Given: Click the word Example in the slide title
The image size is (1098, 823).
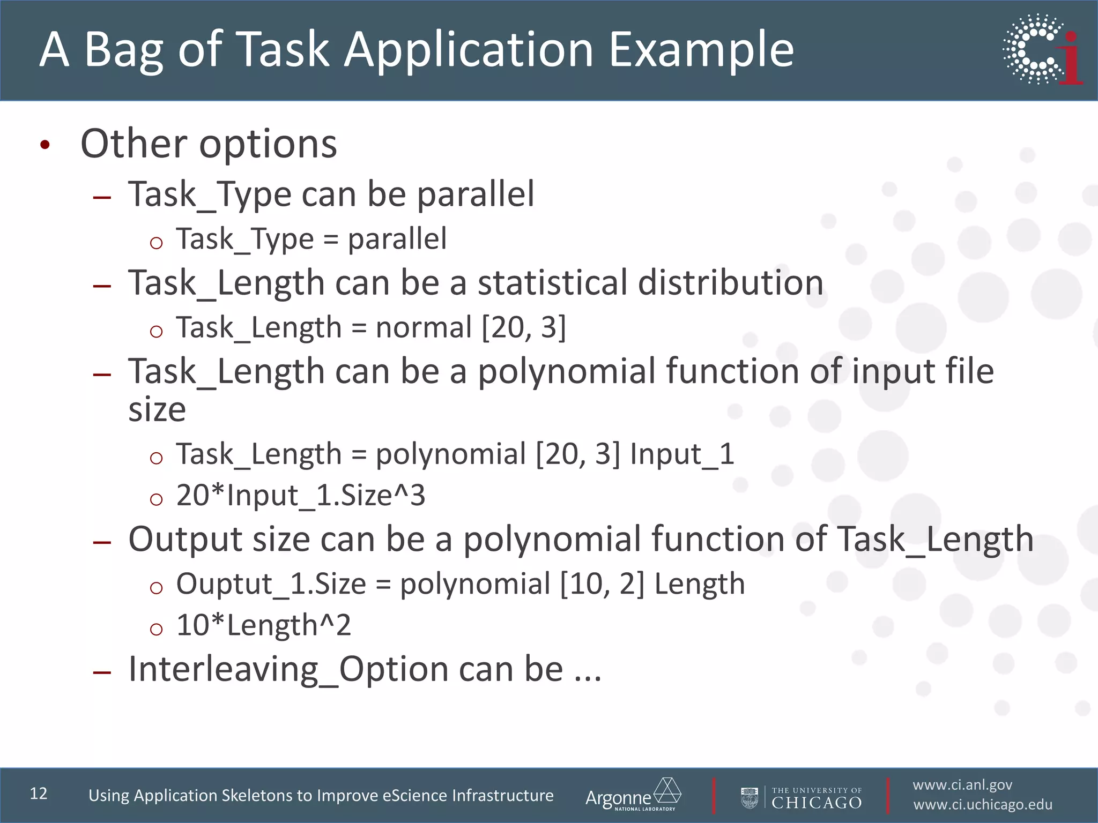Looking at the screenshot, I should click(x=701, y=50).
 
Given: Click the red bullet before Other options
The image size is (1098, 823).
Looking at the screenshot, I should click(x=45, y=145).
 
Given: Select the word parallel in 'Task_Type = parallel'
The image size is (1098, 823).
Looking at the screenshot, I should click(x=397, y=239).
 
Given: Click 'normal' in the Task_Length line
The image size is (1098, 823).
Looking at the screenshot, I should click(x=424, y=327).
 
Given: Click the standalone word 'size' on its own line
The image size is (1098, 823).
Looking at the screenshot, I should click(x=157, y=410).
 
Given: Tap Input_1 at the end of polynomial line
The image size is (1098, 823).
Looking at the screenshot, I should click(x=681, y=454).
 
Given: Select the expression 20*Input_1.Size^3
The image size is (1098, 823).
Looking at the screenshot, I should click(x=300, y=495).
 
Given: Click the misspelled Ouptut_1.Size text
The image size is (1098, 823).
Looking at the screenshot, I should click(x=271, y=584).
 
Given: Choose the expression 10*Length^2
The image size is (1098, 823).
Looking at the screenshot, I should click(x=263, y=625).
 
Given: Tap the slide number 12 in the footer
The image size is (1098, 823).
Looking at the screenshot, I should click(x=39, y=794).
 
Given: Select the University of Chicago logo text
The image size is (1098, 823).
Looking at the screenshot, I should click(x=816, y=798).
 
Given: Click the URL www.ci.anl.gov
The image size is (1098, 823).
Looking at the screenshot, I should click(x=962, y=785).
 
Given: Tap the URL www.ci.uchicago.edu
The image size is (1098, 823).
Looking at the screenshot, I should click(x=983, y=805).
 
